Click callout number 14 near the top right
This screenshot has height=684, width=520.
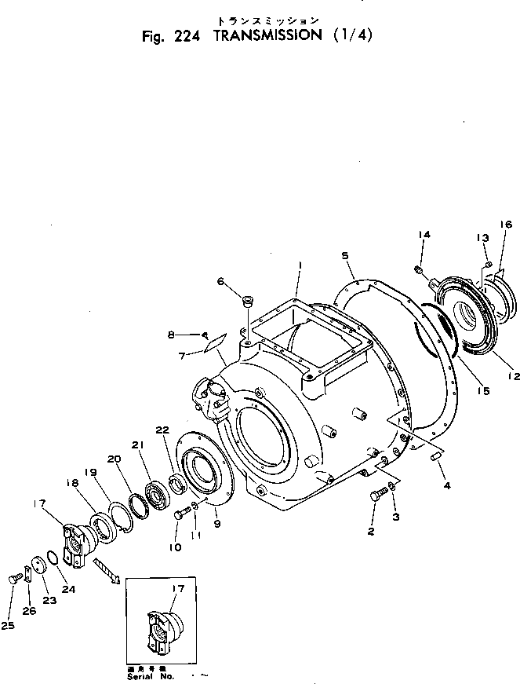coord(424,235)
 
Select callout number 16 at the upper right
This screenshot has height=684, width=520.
coord(505,225)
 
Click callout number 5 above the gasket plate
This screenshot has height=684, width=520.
coord(345,255)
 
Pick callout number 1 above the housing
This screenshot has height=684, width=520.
coord(300,267)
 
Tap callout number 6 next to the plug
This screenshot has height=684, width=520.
coord(220,281)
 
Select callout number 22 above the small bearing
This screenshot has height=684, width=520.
coord(162,429)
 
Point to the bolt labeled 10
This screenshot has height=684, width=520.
coord(179,514)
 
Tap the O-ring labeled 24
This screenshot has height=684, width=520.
coord(53,557)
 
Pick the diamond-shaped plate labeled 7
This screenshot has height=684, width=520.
coord(213,342)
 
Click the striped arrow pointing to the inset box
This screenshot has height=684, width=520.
coord(104,571)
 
